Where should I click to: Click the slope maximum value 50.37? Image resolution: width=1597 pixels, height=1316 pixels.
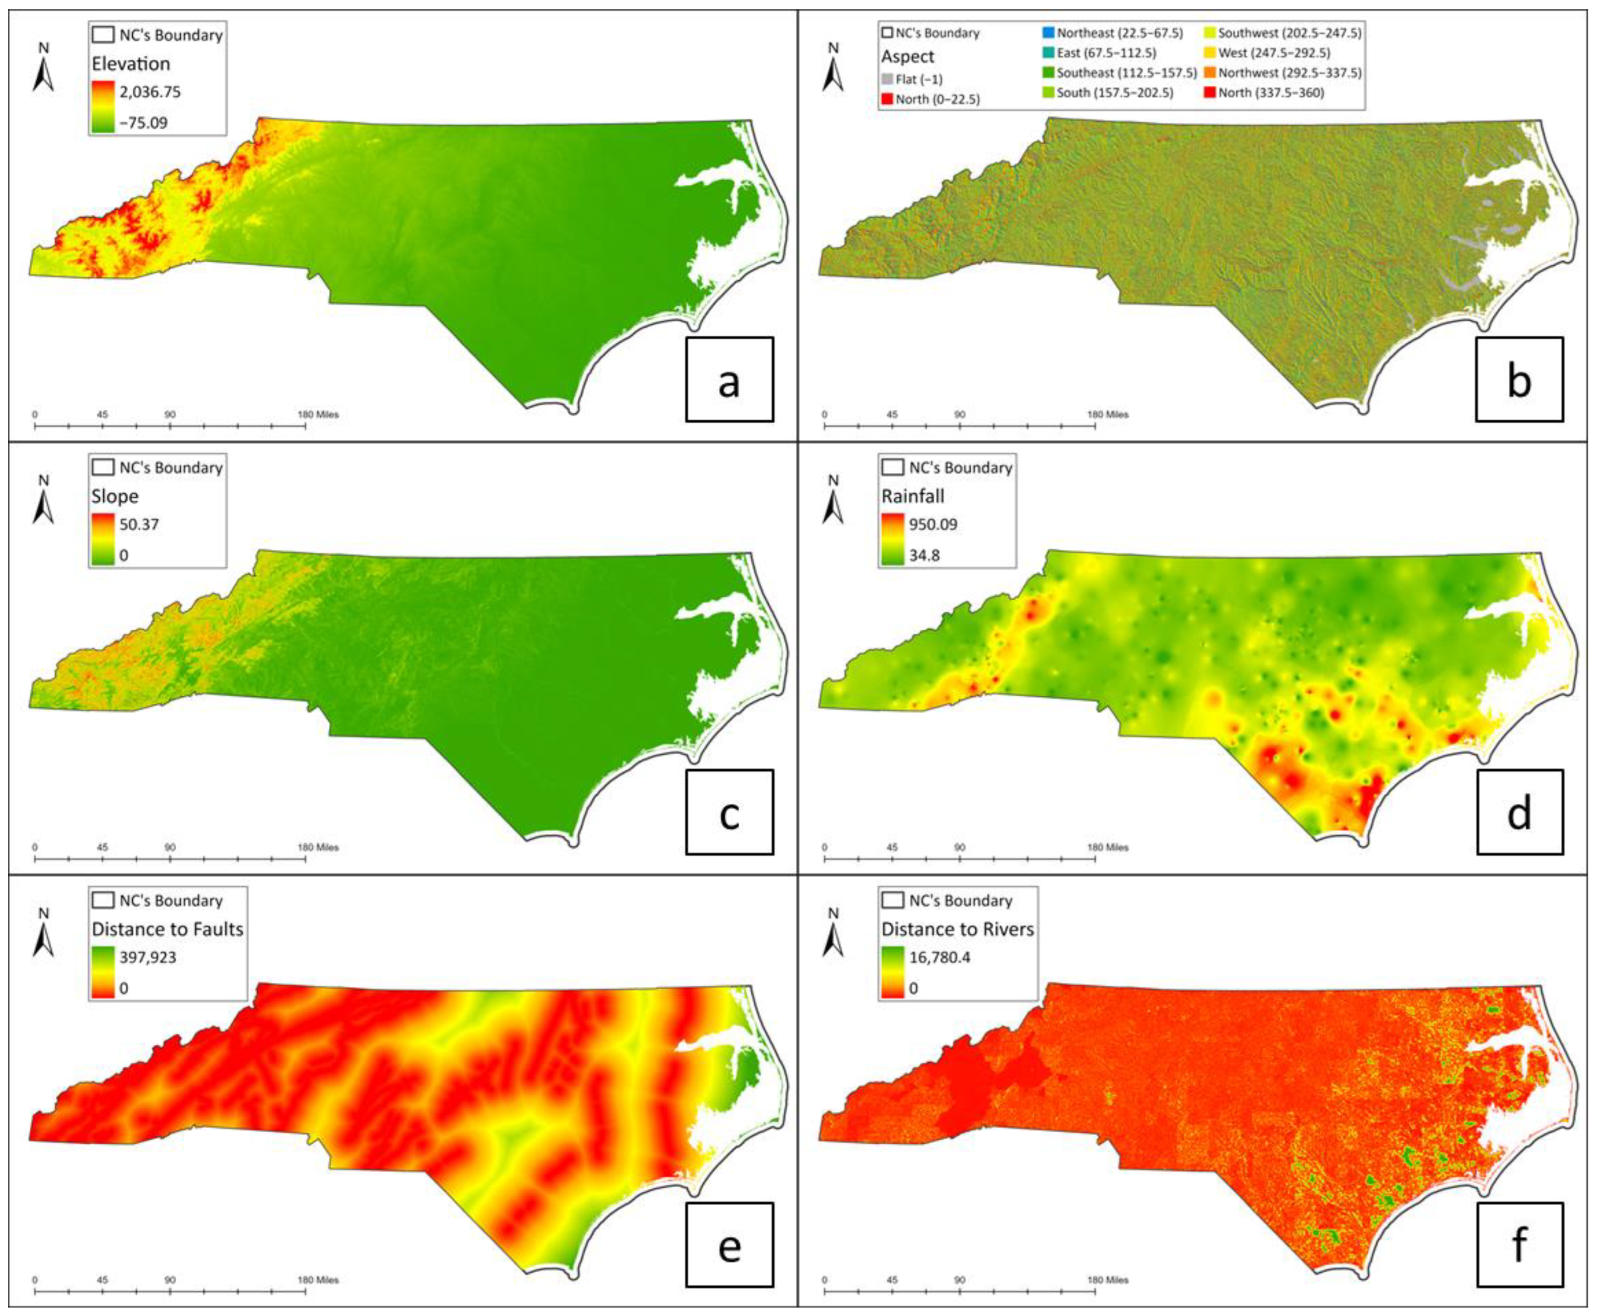pyautogui.click(x=139, y=524)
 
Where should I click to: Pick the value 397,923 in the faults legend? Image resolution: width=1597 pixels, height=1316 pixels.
pyautogui.click(x=148, y=958)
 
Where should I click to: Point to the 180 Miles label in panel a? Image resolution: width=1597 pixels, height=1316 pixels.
pyautogui.click(x=318, y=414)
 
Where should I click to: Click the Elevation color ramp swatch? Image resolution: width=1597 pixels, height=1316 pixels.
pyautogui.click(x=103, y=107)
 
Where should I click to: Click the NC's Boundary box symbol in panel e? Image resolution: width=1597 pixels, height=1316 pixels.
pyautogui.click(x=103, y=901)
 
